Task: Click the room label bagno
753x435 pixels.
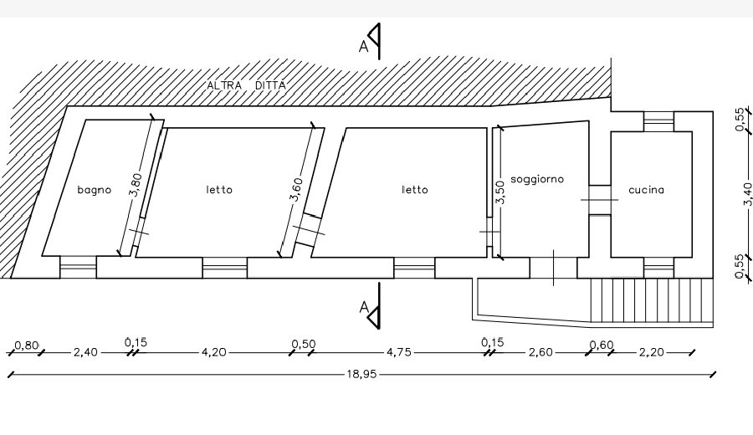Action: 94,190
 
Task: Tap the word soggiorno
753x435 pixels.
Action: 537,180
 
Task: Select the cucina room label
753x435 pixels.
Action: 647,190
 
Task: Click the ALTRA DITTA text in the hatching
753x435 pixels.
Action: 246,85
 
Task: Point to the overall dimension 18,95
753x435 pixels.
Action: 361,374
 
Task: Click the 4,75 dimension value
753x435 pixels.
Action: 399,352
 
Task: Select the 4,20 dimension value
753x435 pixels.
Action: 213,352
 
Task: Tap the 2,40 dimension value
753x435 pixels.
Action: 85,352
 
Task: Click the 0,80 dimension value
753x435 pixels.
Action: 27,345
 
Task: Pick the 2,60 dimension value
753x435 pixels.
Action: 540,352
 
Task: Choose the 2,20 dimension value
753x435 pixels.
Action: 652,352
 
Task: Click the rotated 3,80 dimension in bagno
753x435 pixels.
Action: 136,185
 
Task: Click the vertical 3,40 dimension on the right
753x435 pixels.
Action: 747,193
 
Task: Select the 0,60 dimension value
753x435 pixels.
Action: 602,345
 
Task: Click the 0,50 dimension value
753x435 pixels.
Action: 304,345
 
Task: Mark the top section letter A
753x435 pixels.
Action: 364,47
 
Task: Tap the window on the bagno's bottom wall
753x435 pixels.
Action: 79,267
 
